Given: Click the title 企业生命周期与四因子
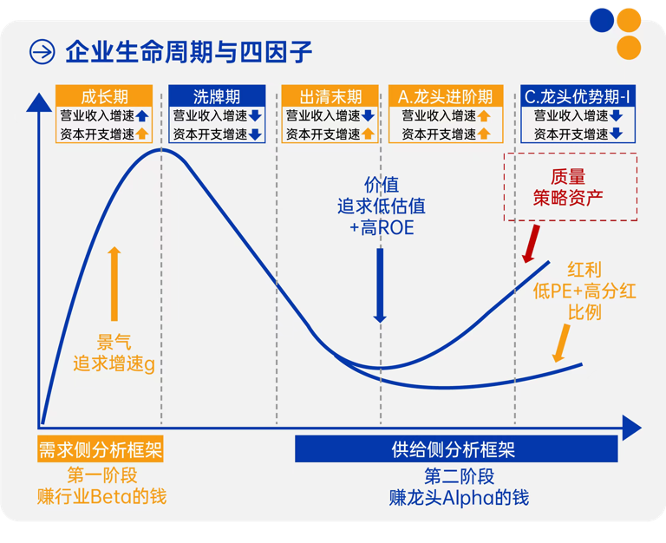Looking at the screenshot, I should [188, 52].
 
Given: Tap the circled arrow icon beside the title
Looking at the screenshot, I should [42, 52].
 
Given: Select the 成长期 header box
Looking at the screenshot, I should [104, 95].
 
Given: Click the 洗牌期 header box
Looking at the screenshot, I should [217, 95].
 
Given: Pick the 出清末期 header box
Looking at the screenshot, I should [330, 95].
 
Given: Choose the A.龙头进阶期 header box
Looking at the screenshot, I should [445, 95].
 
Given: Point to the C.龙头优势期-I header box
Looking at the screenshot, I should [578, 95].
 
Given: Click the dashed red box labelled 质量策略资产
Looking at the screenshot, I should [570, 186].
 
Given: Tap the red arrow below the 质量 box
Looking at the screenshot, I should [531, 244].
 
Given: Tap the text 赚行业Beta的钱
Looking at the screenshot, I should [101, 497].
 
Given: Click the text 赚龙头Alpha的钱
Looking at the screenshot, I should [459, 498].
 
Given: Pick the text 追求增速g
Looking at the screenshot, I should [114, 363].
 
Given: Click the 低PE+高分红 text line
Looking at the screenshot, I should [584, 291].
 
